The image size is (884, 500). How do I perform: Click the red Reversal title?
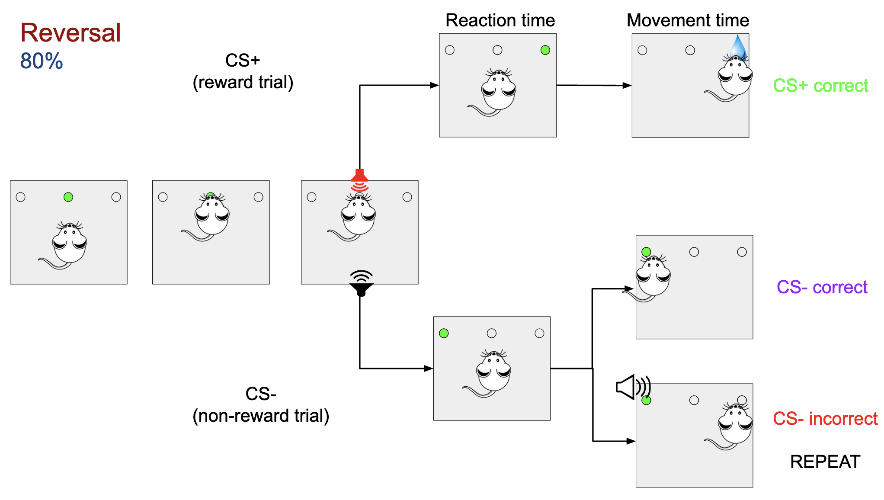70,33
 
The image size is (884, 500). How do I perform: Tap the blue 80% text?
42,61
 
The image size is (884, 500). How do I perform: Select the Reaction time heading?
500,20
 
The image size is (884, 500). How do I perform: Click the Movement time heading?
688,20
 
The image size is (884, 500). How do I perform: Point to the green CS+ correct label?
820,86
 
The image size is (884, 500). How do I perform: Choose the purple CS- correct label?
822,287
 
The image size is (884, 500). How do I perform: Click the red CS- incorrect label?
825,419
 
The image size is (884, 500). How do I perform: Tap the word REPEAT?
825,462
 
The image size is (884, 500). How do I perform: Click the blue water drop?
738,47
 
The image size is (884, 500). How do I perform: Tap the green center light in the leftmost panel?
68,197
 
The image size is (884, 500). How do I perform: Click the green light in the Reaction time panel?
545,50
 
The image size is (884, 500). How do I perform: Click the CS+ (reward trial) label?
243,71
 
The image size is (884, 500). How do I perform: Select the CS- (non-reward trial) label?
261,405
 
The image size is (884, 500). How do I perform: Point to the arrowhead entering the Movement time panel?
627,86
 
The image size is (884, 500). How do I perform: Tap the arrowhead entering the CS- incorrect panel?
631,441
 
